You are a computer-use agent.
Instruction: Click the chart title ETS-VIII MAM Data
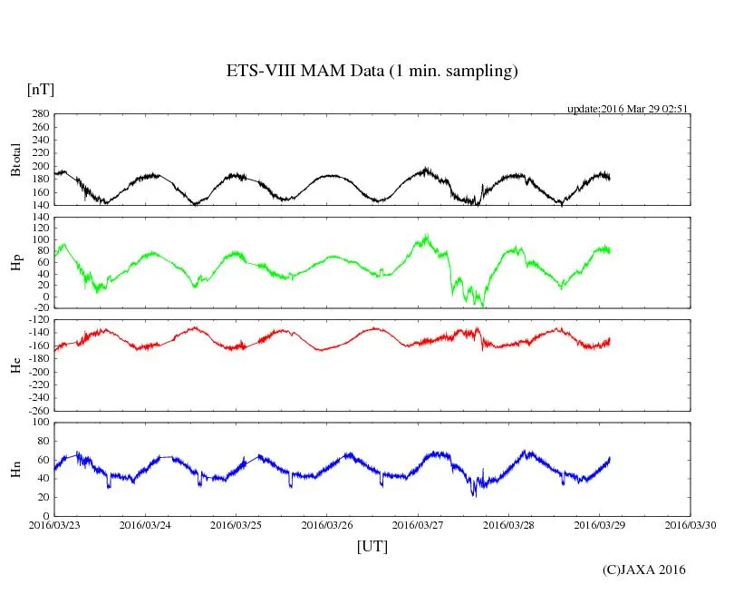tap(372, 72)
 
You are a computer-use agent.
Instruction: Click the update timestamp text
tap(628, 109)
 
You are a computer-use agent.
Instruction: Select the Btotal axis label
tap(15, 160)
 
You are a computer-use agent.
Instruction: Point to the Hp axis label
tap(15, 262)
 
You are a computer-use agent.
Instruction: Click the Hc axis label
tap(15, 365)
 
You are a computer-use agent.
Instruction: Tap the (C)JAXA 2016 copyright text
tap(643, 570)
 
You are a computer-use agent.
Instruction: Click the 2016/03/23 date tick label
tap(54, 525)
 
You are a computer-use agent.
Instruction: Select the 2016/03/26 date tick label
tap(328, 525)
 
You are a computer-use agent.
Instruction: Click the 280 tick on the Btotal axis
tap(40, 114)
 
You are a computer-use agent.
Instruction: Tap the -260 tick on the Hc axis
tap(37, 410)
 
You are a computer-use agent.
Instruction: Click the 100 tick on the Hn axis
tap(40, 422)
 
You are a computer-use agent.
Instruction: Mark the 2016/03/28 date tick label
tap(510, 525)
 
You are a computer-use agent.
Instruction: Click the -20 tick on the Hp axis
tap(40, 307)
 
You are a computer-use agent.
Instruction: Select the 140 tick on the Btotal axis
tap(40, 205)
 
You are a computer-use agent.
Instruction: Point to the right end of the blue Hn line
tap(610, 458)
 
